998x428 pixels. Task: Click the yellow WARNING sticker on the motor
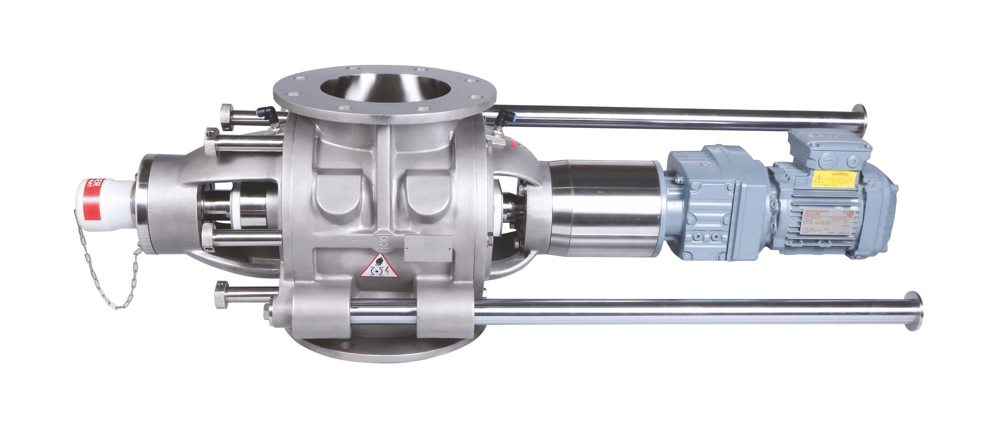(x=834, y=179)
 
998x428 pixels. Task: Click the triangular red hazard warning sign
(x=379, y=267)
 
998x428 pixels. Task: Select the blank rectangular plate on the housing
(x=428, y=248)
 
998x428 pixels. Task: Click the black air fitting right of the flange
(x=501, y=119)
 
